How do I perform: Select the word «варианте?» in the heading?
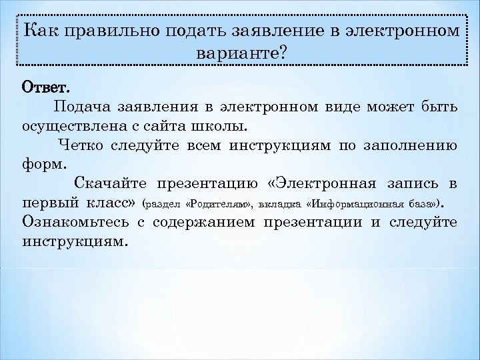[x=240, y=53]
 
